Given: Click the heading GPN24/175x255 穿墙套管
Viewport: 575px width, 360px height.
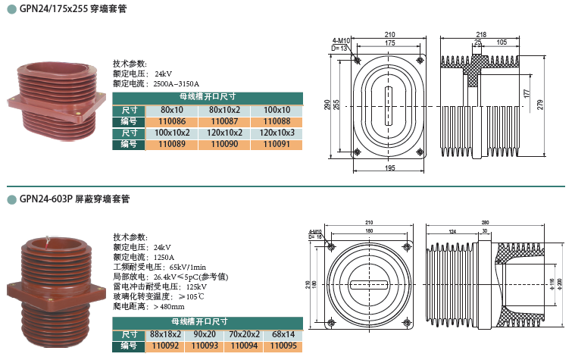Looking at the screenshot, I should coord(73,9).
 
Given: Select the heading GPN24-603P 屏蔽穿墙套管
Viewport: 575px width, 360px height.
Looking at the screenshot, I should coord(75,199).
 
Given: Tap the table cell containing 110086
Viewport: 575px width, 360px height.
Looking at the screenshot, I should coord(171,121).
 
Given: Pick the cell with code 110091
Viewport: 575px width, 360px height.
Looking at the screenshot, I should coord(277,143).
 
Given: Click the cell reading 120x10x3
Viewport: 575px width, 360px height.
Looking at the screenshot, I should coord(277,133).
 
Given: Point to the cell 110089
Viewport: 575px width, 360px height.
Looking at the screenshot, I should coord(171,143).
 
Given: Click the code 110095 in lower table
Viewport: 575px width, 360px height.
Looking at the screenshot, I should coord(283,346).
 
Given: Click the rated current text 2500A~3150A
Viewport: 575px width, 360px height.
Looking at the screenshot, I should coord(176,84).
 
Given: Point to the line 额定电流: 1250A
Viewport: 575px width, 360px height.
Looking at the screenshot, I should coord(143,257).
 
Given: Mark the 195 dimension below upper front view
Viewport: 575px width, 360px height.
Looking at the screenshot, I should coord(389,167).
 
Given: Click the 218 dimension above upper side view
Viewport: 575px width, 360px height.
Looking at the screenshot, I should coord(480,35).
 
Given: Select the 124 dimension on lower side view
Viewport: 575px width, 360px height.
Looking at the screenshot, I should coord(452,230).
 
